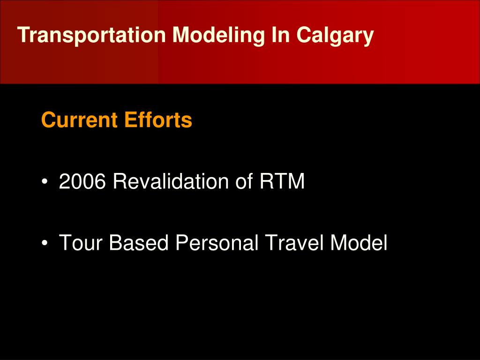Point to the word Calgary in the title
pyautogui.click(x=335, y=35)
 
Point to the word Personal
pyautogui.click(x=217, y=243)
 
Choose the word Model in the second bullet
pyautogui.click(x=359, y=243)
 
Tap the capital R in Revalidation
pyautogui.click(x=119, y=181)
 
